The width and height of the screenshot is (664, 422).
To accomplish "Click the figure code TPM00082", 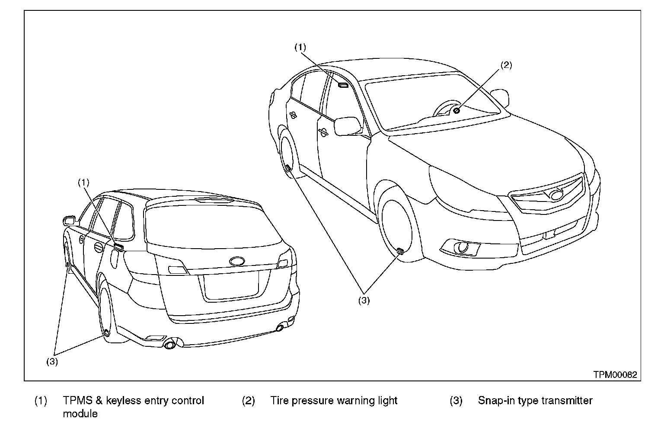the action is [x=615, y=375].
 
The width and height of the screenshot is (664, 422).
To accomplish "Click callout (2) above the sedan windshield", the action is [x=506, y=65].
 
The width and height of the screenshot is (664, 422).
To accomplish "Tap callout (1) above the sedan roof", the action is [x=300, y=47].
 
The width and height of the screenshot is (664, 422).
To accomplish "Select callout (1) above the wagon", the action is [x=83, y=182].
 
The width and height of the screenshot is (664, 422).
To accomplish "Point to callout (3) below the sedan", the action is [x=364, y=301].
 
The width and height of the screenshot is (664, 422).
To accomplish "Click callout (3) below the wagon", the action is [x=52, y=361].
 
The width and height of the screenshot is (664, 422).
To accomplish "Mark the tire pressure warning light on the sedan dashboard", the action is [x=456, y=111].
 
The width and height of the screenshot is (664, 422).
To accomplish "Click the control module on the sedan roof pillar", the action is [x=343, y=86].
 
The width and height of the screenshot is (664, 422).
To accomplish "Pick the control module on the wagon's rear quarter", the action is [x=118, y=246].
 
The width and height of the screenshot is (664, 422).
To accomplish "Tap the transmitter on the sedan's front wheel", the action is [x=400, y=251].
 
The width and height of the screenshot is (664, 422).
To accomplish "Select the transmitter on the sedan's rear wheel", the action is [x=288, y=169].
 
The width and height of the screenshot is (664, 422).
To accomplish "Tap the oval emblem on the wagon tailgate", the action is [x=237, y=261].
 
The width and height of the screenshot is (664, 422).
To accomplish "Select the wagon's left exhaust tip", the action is [x=170, y=345].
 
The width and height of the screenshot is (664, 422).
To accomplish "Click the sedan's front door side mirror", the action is [x=348, y=126].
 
